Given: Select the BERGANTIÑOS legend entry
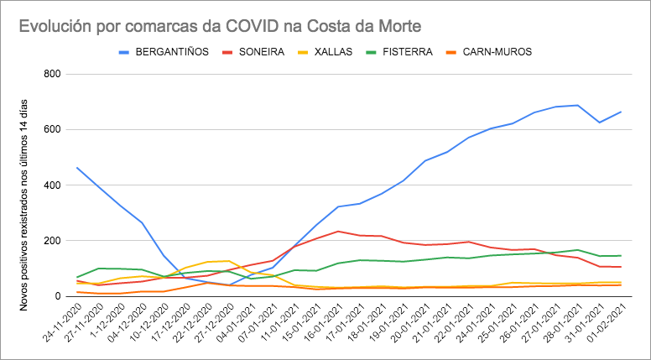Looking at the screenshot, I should [x=171, y=52].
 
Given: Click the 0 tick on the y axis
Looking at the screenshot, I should [x=58, y=296].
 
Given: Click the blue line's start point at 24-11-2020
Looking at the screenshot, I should [x=76, y=168].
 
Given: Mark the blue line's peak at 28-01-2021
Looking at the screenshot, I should [x=577, y=105].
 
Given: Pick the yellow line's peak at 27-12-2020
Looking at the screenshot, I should [x=228, y=261].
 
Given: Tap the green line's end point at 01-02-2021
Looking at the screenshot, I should [x=621, y=255].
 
